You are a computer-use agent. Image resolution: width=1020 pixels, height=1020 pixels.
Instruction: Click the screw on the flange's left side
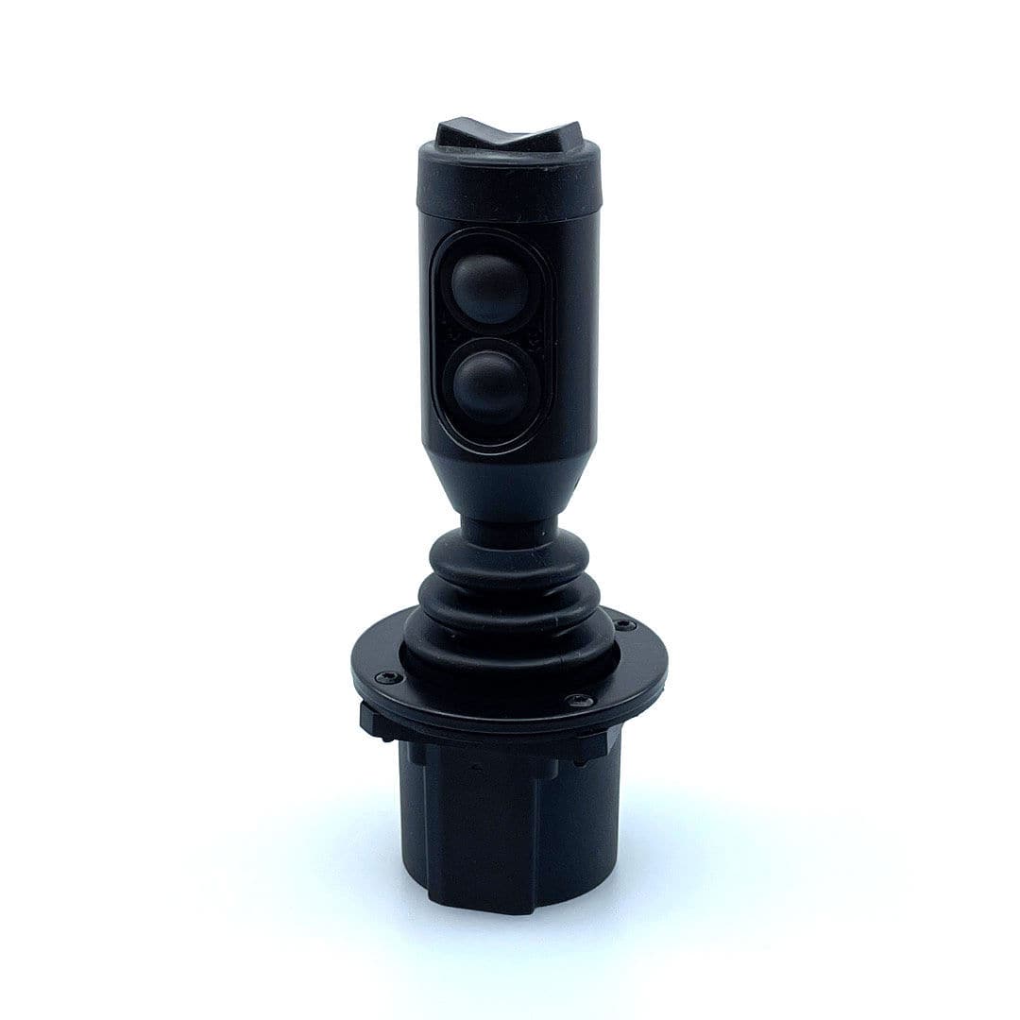coord(387,677)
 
